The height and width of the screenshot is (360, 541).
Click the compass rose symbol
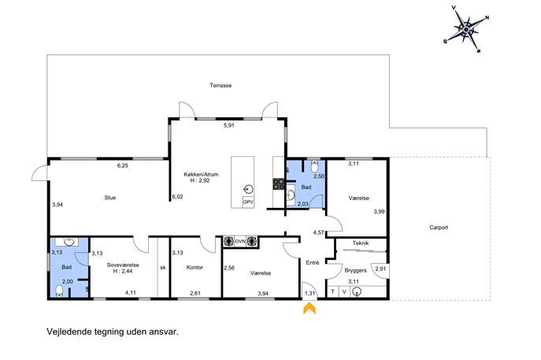[x=466, y=30]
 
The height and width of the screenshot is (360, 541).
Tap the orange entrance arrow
[x=309, y=308]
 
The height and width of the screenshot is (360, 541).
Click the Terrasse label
[x=220, y=85]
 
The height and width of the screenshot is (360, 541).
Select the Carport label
[x=439, y=228]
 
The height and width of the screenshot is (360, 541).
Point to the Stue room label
[x=110, y=198]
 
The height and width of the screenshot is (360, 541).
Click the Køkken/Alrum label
[x=201, y=175]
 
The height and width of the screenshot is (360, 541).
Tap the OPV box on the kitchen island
[x=248, y=202]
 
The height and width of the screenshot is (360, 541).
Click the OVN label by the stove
[x=240, y=242]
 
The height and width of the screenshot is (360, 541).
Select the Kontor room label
[x=195, y=267]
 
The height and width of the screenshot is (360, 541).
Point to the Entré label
[x=313, y=262]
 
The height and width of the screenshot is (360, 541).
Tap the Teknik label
[x=361, y=243]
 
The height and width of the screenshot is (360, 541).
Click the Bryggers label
[x=355, y=271]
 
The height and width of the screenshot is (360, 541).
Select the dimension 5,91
[x=228, y=125]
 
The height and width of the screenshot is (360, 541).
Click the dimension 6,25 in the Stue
[x=123, y=165]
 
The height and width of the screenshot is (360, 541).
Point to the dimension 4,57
[x=318, y=232]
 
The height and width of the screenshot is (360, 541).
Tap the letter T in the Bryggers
[x=332, y=292]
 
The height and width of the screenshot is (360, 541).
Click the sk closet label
[x=163, y=268]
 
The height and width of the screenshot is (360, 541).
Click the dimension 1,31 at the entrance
[x=309, y=293]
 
